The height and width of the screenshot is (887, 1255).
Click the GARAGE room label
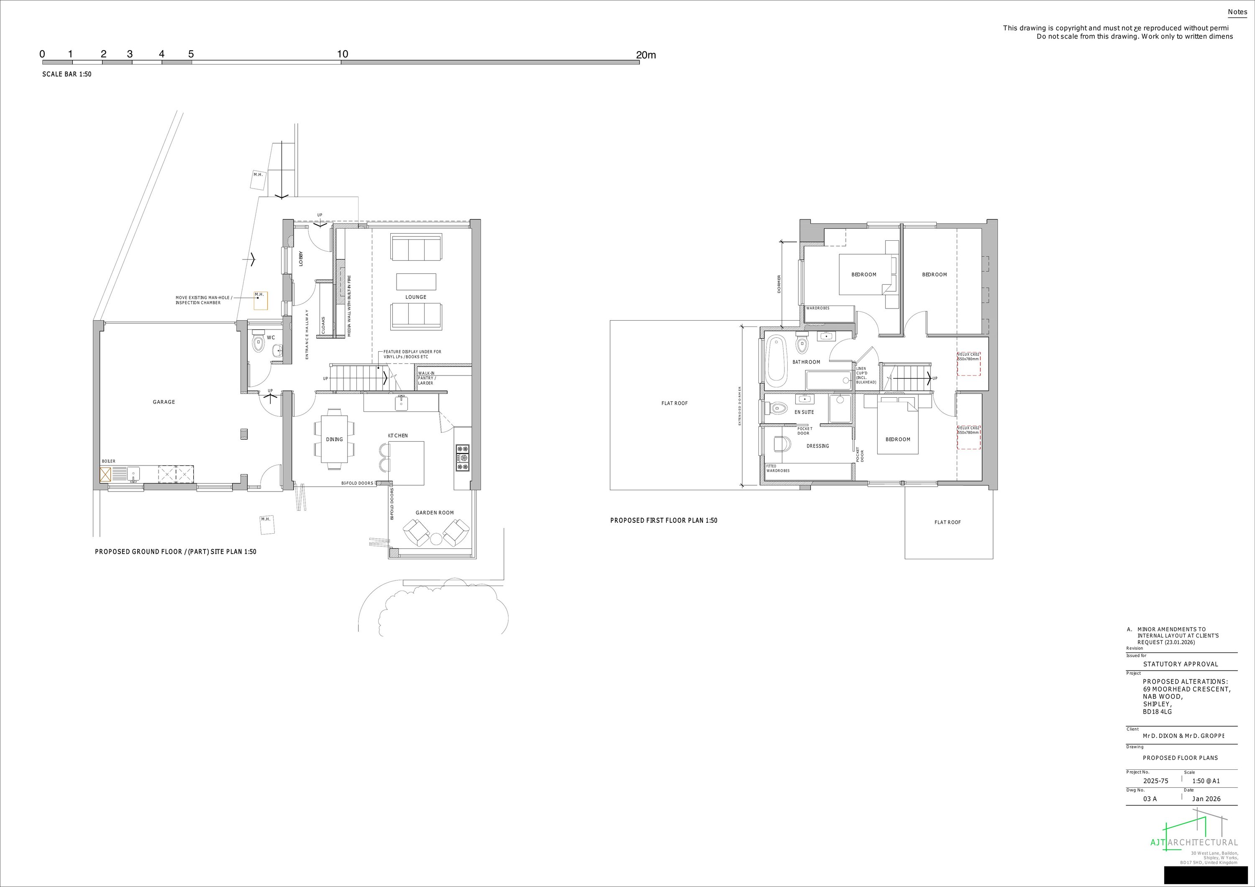click(x=164, y=402)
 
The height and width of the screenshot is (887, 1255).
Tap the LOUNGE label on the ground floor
click(x=415, y=297)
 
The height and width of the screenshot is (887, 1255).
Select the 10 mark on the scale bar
click(x=342, y=54)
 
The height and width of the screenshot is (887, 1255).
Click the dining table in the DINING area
click(x=334, y=439)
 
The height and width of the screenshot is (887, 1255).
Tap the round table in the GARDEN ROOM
click(x=435, y=539)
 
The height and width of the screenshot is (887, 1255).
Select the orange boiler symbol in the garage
click(x=105, y=474)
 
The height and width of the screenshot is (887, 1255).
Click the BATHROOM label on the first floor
click(x=806, y=362)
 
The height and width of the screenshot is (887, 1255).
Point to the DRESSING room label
click(x=818, y=446)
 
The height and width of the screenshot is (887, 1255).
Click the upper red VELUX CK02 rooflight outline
click(x=968, y=364)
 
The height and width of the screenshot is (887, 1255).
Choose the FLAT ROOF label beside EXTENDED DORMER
click(x=674, y=403)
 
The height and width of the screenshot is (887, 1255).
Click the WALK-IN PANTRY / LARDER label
click(x=427, y=378)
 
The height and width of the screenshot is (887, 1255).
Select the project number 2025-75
click(x=1155, y=781)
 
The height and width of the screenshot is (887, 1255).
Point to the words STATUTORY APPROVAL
click(x=1181, y=664)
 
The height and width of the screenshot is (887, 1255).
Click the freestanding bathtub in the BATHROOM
click(x=775, y=360)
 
